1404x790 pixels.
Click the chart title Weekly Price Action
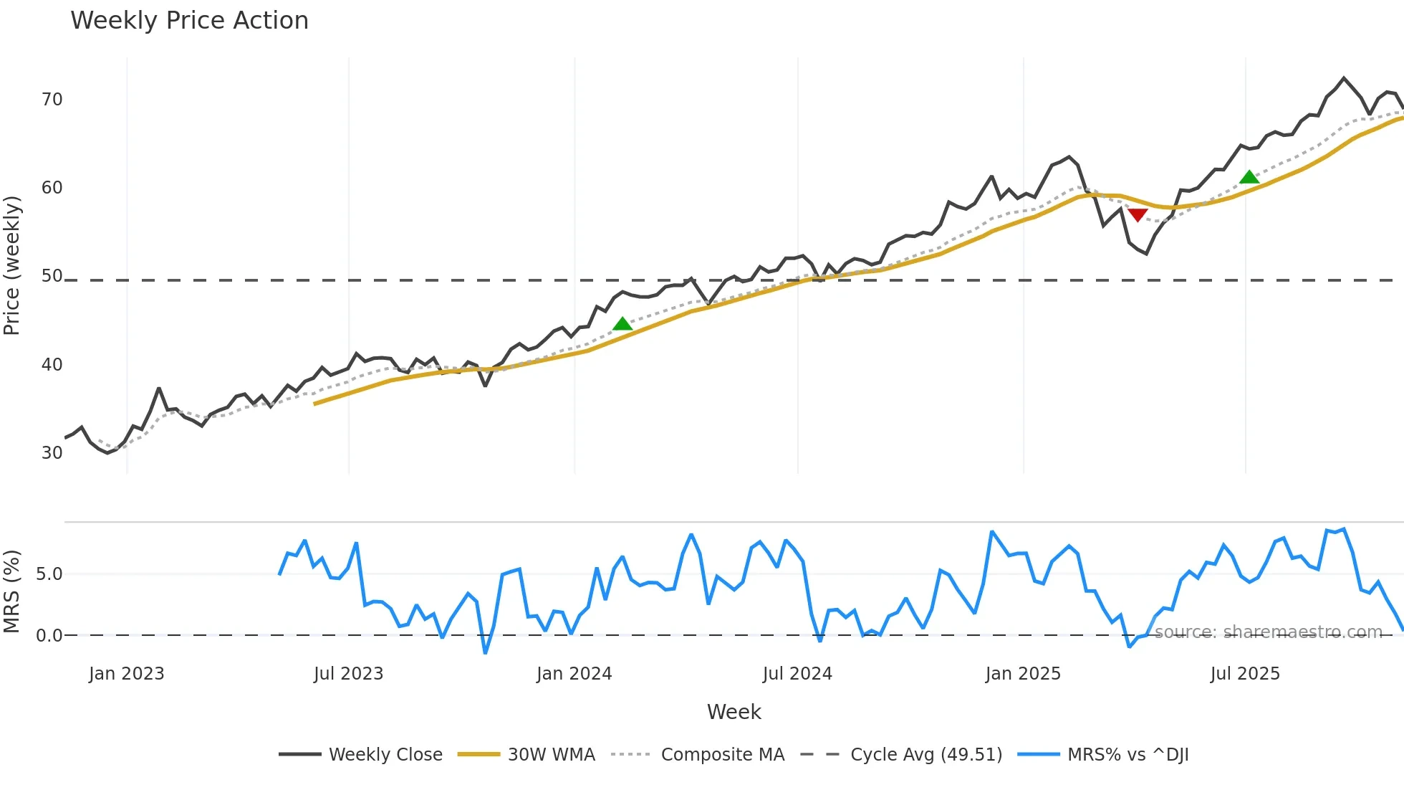(x=189, y=21)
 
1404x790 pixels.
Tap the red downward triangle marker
(x=1138, y=214)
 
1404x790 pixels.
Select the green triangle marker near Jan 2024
(x=622, y=324)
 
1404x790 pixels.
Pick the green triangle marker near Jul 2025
(x=1249, y=177)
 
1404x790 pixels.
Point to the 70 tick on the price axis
(x=52, y=100)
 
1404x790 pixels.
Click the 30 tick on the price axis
(x=52, y=453)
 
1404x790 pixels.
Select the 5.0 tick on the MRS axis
(x=49, y=574)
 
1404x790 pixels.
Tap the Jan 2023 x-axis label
(x=127, y=674)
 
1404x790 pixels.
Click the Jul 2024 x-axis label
(x=797, y=674)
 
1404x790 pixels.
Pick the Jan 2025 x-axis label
(x=1023, y=674)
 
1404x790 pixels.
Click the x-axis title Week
(x=734, y=712)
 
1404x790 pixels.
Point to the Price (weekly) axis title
(x=12, y=265)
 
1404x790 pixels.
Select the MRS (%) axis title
(x=12, y=591)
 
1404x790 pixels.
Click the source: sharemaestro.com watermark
(x=1268, y=632)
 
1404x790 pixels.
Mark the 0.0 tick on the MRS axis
(x=49, y=636)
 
